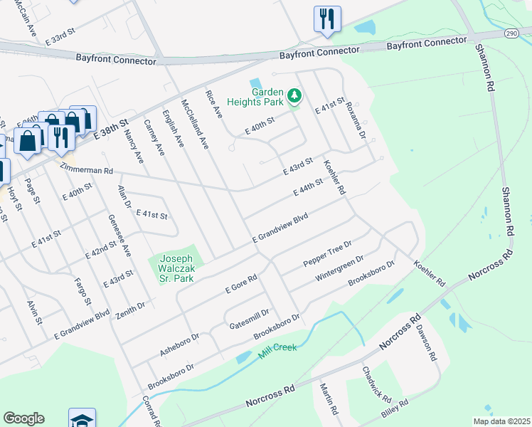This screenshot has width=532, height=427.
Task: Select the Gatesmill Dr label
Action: click(x=250, y=319)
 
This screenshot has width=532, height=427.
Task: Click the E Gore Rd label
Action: click(x=240, y=284)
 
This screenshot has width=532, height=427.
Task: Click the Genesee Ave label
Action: click(x=119, y=235)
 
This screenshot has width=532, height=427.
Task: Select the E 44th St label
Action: click(x=307, y=189)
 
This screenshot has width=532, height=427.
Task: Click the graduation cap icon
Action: click(x=83, y=418)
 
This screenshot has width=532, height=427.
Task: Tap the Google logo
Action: click(x=23, y=418)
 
